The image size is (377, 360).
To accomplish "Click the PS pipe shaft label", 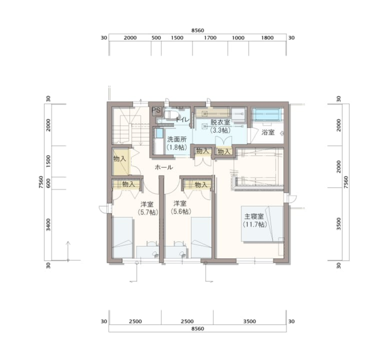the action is tap(156, 110).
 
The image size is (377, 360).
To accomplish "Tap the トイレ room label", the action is tap(183, 119).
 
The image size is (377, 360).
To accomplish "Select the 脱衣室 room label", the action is tap(220, 122).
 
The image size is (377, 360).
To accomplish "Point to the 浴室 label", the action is tap(268, 132).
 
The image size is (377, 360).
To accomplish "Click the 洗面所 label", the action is tap(177, 140).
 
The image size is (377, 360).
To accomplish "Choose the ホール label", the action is tap(164, 167).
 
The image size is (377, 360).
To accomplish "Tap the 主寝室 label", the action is tap(254, 216).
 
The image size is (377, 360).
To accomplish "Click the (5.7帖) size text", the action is tap(148, 212).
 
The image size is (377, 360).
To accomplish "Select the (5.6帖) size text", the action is tap(181, 212).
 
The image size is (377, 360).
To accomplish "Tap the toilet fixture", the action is tap(171, 114).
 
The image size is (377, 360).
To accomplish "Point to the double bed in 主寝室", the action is tap(262, 224).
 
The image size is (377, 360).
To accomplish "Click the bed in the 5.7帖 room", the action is tap(122, 238).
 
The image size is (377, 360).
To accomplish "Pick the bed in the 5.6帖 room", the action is tap(201, 238).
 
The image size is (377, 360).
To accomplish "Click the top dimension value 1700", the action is tap(210, 38).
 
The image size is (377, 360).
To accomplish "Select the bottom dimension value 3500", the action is tap(249, 321).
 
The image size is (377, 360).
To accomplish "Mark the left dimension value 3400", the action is tap(48, 225).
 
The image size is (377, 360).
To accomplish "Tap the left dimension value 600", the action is tap(48, 183).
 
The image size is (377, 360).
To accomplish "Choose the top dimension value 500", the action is tap(156, 38).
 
